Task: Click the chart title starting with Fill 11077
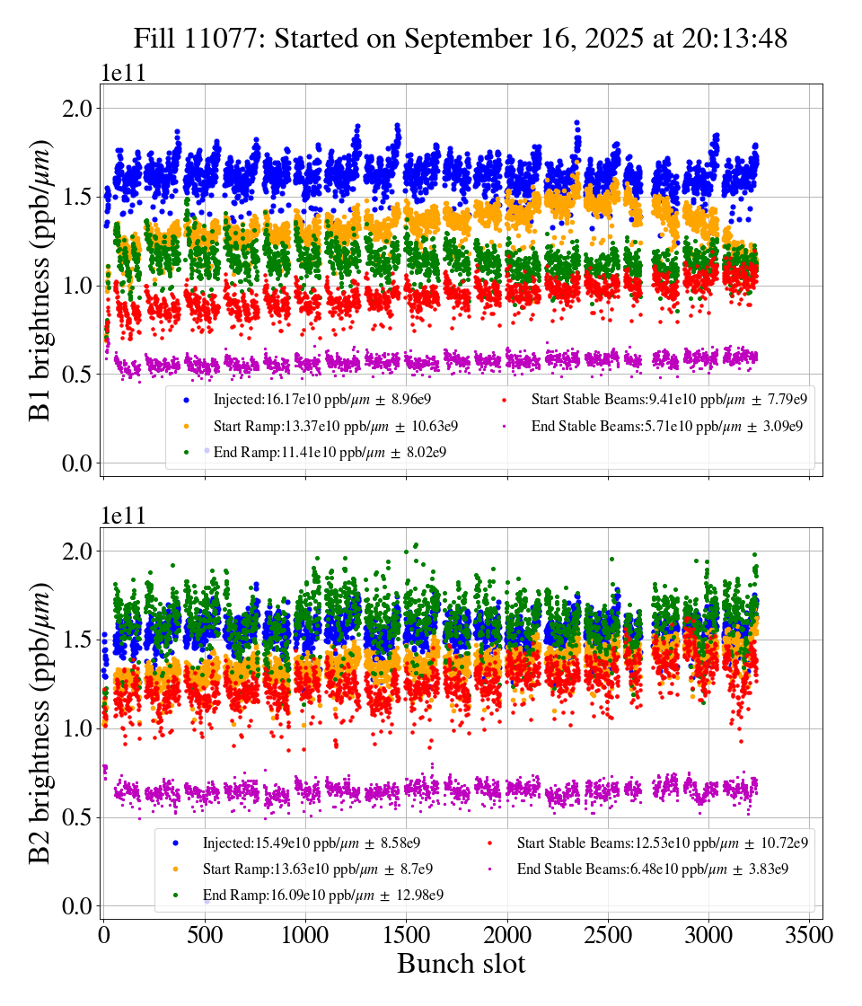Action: coord(461,39)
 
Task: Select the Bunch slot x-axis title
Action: coord(461,964)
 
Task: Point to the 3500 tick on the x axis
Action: coord(810,935)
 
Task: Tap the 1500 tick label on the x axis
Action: coord(407,935)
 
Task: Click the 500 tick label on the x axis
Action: coord(205,935)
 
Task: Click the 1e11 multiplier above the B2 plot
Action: coord(122,516)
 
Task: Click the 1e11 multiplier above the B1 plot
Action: coord(122,73)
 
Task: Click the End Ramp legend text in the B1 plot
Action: coord(330,452)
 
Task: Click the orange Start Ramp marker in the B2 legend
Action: coord(175,869)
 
